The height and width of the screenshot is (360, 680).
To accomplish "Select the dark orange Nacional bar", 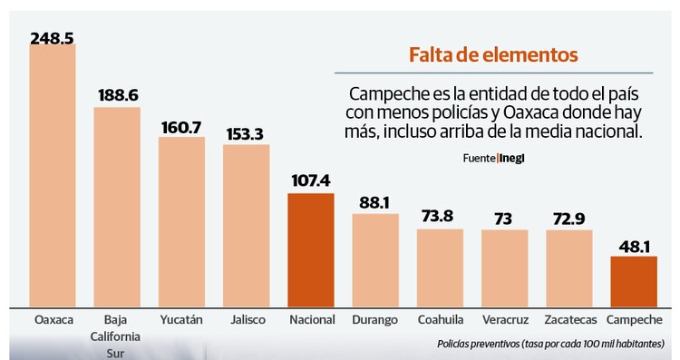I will [x=311, y=249].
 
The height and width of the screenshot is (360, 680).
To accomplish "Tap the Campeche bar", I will [x=634, y=281].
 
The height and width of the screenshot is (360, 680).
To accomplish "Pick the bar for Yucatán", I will [x=181, y=221].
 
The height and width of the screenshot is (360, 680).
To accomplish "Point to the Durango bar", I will [x=375, y=259].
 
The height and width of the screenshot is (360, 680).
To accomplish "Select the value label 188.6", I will [x=117, y=96].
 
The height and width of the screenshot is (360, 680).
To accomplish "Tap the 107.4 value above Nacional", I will [x=311, y=181].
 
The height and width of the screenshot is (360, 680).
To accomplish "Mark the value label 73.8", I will [x=440, y=217].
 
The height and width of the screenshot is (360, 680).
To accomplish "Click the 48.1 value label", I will [x=634, y=245].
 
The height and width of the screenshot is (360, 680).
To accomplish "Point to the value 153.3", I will [x=246, y=133].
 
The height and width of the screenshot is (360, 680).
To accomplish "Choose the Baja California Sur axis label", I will [x=116, y=336].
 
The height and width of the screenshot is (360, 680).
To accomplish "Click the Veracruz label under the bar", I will [x=504, y=320].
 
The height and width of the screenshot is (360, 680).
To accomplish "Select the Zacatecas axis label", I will [x=569, y=320].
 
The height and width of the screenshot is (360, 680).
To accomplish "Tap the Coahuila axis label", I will [x=440, y=320].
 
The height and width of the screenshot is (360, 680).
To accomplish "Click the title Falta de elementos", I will [x=493, y=55].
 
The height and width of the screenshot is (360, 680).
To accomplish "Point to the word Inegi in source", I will [x=512, y=158].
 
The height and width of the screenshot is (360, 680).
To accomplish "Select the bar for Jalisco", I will [x=246, y=225].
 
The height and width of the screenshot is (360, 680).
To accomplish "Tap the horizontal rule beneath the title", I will [x=493, y=73].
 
